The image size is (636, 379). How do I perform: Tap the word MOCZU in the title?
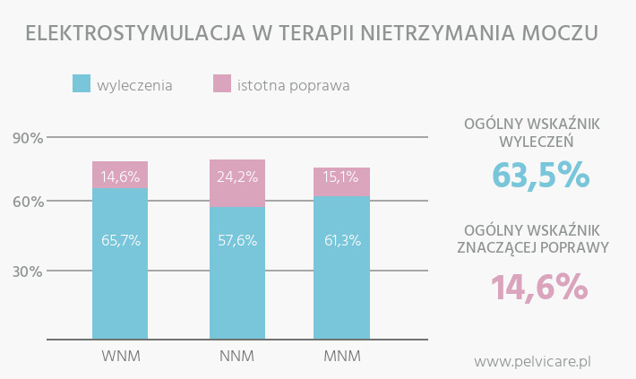click(x=562, y=34)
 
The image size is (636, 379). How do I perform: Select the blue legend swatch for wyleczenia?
click(x=82, y=83)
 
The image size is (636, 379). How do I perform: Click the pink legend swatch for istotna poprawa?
click(x=222, y=83)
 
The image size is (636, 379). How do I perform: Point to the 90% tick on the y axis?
click(x=28, y=138)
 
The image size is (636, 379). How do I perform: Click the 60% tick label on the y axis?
click(x=28, y=202)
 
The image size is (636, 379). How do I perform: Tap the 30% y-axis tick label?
click(x=28, y=271)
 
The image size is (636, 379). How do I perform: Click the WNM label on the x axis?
click(x=121, y=357)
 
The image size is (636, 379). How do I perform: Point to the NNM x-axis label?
click(x=236, y=357)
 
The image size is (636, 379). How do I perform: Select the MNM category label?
click(x=341, y=357)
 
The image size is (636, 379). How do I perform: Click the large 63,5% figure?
click(x=540, y=175)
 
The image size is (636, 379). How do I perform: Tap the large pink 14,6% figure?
click(x=538, y=288)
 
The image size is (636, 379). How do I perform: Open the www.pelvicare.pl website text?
click(x=532, y=362)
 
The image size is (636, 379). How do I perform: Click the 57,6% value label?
click(x=237, y=240)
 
